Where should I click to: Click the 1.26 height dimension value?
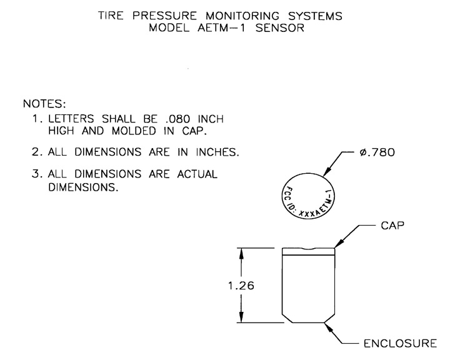click(x=241, y=285)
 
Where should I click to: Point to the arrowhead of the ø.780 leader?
click(x=322, y=178)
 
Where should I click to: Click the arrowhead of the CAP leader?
click(x=337, y=247)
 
